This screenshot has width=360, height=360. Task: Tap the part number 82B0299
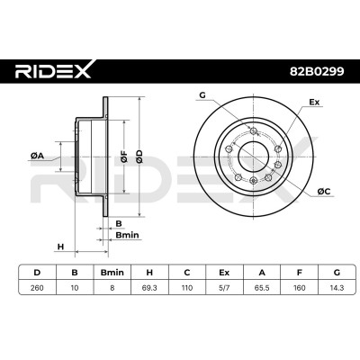click(x=317, y=71)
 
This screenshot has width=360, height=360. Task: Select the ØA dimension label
click(x=37, y=156)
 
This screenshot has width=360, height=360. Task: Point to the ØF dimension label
click(x=124, y=157)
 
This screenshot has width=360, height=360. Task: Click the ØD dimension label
click(x=139, y=157)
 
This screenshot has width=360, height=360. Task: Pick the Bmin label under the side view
click(x=127, y=235)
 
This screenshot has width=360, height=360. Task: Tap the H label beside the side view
click(x=61, y=247)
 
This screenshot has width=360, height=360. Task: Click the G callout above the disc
click(x=202, y=95)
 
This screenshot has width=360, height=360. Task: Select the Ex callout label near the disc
click(x=314, y=102)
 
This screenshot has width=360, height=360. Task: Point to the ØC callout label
click(x=323, y=191)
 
